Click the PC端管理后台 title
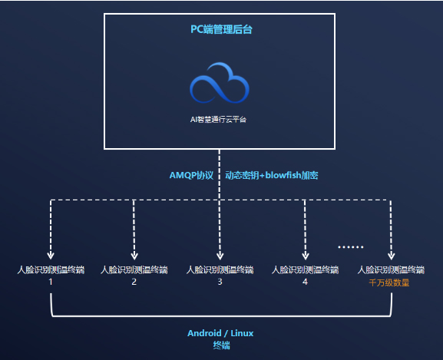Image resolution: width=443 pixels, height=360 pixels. coord(220,30)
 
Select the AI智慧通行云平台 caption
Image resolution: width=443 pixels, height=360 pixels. coord(220,120)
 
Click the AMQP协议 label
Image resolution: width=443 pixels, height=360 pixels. coord(191,175)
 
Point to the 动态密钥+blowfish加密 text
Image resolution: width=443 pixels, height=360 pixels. coord(271,175)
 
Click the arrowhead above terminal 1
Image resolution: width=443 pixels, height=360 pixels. coord(51,256)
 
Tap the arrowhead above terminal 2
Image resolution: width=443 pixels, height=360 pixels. coord(134,256)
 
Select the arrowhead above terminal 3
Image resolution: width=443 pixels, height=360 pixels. coord(220,256)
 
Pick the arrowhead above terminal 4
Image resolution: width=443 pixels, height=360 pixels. coord(306,256)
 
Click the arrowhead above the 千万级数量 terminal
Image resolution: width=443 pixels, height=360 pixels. coord(391,256)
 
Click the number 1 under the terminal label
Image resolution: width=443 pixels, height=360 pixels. coord(51,282)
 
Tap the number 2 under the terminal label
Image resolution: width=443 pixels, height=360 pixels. coord(134,282)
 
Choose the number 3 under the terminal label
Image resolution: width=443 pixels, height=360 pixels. coord(220,282)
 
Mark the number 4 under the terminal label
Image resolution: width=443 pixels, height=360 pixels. coord(305,282)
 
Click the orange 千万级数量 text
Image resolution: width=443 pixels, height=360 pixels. coord(390,282)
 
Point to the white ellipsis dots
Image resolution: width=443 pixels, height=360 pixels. coord(350,247)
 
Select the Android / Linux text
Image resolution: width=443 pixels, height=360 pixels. coord(220,333)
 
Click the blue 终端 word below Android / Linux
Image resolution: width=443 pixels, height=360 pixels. coord(220,345)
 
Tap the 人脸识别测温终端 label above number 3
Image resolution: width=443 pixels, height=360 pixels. coord(220,269)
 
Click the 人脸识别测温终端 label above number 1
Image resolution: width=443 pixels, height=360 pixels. coord(51,269)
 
